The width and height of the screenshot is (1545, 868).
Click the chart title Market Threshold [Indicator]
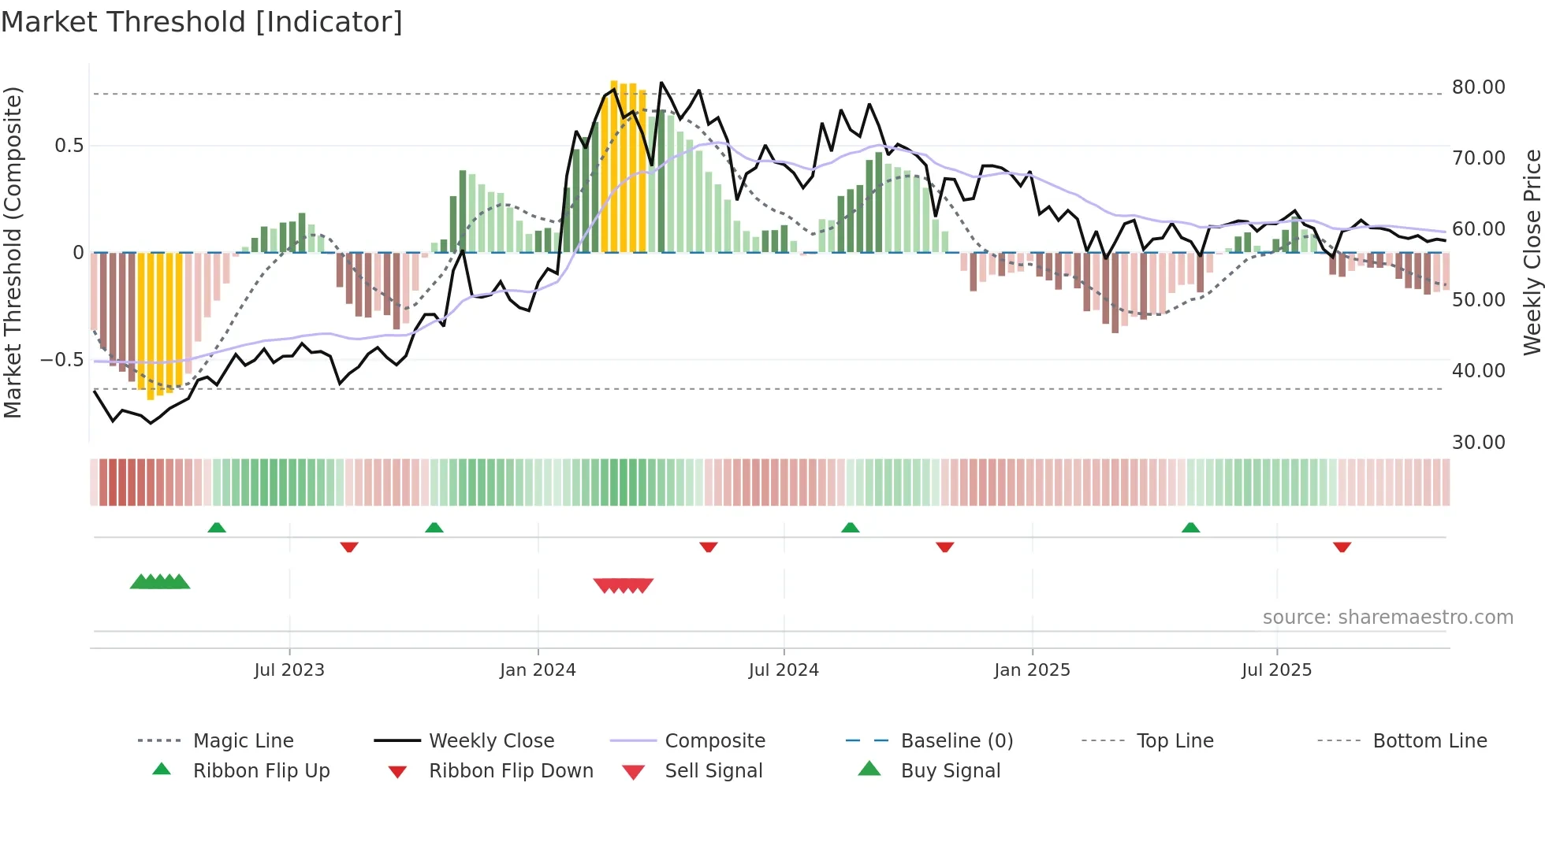tap(202, 22)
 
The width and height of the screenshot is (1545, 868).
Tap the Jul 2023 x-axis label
tap(289, 670)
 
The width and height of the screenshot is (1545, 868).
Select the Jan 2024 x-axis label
tap(538, 670)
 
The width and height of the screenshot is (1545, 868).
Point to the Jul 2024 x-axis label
tap(784, 670)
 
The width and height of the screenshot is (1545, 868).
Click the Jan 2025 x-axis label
tap(1032, 670)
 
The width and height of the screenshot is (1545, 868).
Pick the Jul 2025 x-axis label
tap(1276, 670)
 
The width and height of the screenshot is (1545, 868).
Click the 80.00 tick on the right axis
tap(1478, 87)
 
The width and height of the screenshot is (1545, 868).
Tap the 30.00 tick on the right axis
tap(1478, 443)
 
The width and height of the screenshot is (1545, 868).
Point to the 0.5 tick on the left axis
tap(69, 146)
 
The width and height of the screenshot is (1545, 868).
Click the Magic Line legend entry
tap(243, 741)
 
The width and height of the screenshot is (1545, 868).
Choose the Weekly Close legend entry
tap(491, 741)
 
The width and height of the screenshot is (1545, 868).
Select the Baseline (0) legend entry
tap(956, 741)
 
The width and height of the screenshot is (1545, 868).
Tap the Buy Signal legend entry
tap(950, 771)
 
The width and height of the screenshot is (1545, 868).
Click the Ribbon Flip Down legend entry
tap(511, 771)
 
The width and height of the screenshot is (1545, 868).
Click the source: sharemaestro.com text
tap(1387, 618)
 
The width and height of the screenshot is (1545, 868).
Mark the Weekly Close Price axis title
tap(1532, 252)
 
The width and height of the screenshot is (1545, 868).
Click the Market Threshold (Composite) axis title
tap(13, 252)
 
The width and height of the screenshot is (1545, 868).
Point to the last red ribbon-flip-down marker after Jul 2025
tap(1342, 547)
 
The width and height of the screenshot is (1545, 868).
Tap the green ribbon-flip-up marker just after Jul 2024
tap(850, 528)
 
